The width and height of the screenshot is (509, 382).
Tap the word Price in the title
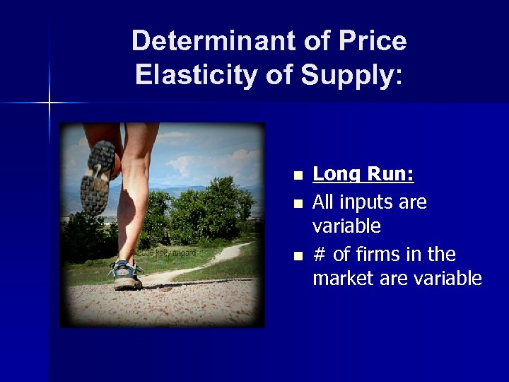pos(372,41)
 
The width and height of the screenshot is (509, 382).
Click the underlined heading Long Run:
pos(363,173)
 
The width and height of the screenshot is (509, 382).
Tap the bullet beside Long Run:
pos(298,175)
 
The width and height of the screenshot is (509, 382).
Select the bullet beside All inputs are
pos(298,204)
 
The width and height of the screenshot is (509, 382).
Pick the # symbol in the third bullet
pos(319,254)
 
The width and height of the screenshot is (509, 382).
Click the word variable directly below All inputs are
pos(346,226)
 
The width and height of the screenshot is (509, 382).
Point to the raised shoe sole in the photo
pos(96,175)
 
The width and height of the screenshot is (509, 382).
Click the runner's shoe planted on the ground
pos(127,274)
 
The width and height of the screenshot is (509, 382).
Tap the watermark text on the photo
pos(165,253)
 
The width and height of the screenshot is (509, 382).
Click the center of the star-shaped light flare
pos(49,103)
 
